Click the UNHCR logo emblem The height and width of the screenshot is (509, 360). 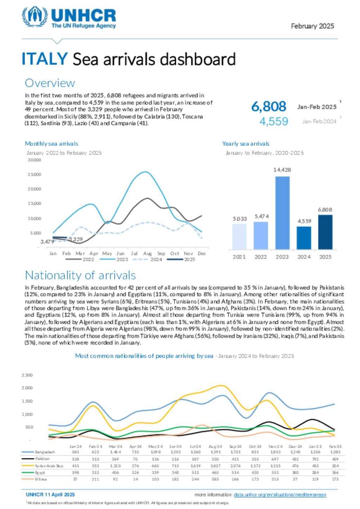[34, 16]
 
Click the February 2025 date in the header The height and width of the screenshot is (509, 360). [312, 26]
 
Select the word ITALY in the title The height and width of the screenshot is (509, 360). [44, 59]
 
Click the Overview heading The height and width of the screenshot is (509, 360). [50, 83]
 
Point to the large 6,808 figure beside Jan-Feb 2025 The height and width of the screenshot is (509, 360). [269, 106]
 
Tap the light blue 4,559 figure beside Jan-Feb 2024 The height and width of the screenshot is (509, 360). [274, 122]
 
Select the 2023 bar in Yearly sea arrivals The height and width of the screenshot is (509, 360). [282, 213]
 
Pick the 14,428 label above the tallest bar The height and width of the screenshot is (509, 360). [282, 170]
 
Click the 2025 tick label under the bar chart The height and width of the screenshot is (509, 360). [325, 257]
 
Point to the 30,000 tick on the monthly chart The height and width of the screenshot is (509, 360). [34, 160]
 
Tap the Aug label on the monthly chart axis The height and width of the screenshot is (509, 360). [147, 253]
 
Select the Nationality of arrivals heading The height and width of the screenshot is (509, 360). [80, 275]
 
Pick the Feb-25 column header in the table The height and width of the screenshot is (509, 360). [335, 446]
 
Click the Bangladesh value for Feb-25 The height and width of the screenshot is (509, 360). [335, 452]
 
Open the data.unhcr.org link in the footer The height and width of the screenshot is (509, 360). [280, 495]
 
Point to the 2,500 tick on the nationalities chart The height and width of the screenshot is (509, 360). [27, 375]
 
